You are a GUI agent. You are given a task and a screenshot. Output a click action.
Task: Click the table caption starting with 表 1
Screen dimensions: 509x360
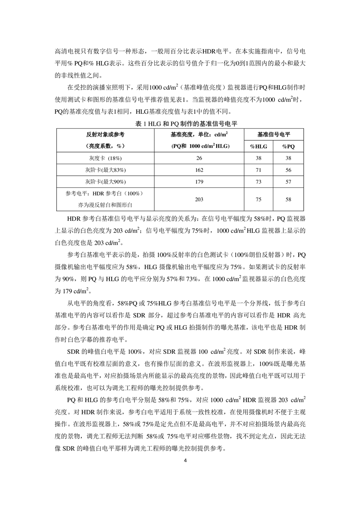coord(180,123)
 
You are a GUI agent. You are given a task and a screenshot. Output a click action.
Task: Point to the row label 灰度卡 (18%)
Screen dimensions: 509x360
coord(105,157)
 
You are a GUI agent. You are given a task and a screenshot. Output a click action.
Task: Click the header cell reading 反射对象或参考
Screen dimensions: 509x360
coord(105,135)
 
